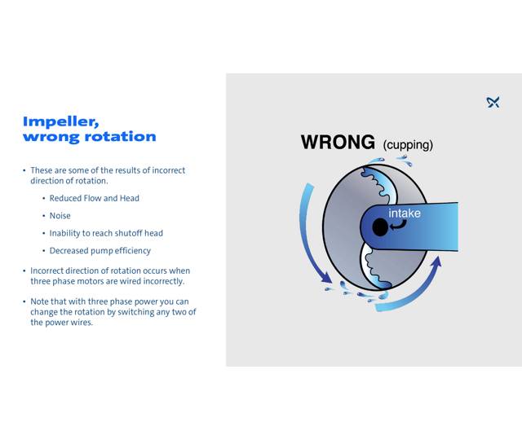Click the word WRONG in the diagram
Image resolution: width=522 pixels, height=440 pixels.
pyautogui.click(x=338, y=142)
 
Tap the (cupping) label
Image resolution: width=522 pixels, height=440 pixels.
pyautogui.click(x=408, y=145)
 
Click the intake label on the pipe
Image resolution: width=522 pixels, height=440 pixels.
pyautogui.click(x=405, y=213)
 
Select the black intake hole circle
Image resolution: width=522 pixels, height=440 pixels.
pyautogui.click(x=380, y=227)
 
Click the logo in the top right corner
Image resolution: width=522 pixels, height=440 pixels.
pyautogui.click(x=493, y=102)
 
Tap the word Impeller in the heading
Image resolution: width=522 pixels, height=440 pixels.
pyautogui.click(x=61, y=121)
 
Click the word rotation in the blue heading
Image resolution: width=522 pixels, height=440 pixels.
pyautogui.click(x=114, y=137)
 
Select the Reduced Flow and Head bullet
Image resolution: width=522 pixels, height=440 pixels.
pyautogui.click(x=94, y=198)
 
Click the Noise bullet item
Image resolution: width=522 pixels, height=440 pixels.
pyautogui.click(x=60, y=216)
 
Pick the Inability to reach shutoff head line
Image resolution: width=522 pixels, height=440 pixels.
pyautogui.click(x=106, y=233)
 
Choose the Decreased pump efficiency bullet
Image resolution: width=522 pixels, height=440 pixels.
pyautogui.click(x=100, y=251)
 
